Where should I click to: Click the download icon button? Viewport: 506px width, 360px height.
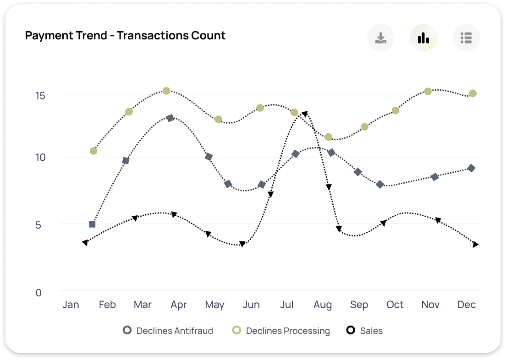[x=380, y=38]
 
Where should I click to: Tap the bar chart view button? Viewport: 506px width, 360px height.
[x=423, y=38]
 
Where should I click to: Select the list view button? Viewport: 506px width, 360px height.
[x=466, y=38]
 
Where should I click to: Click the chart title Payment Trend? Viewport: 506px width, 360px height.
[x=125, y=35]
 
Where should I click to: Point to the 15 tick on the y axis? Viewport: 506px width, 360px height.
[x=41, y=96]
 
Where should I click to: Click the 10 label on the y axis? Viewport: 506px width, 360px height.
[x=41, y=158]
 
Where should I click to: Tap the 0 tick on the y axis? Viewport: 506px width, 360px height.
[x=38, y=292]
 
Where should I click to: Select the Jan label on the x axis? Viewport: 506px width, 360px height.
[x=71, y=305]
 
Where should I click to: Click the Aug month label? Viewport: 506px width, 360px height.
[x=323, y=305]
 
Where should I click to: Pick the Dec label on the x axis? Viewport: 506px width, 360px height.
[x=467, y=305]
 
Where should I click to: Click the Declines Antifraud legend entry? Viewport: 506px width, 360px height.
[x=168, y=331]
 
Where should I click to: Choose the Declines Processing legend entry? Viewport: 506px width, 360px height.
[x=281, y=331]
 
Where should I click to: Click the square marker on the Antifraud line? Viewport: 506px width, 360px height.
[x=92, y=224]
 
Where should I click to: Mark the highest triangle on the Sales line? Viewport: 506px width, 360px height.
[x=304, y=114]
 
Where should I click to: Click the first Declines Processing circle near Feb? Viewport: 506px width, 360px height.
[x=93, y=151]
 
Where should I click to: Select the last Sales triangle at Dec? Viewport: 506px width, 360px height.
[x=475, y=245]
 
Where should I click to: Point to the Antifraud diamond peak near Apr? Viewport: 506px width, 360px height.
[x=170, y=118]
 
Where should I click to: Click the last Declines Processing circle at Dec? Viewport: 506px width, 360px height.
[x=473, y=93]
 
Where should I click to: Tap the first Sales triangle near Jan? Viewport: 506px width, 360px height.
[x=85, y=243]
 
